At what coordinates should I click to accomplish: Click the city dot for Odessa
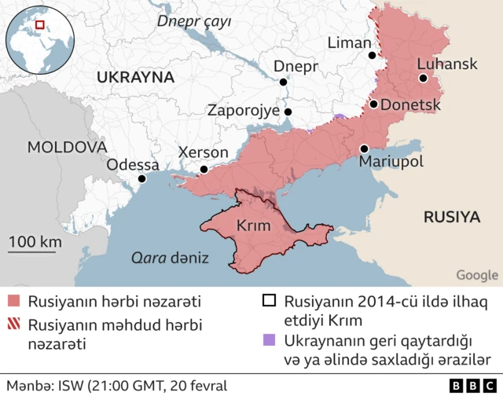point(141,179)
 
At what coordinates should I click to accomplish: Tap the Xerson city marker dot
point(204,169)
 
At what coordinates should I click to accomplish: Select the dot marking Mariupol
point(365,148)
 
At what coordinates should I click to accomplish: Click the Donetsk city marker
point(374,104)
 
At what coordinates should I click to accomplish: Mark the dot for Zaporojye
point(288,112)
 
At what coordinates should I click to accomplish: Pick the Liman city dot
point(374,56)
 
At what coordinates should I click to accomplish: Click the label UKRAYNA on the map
point(135,77)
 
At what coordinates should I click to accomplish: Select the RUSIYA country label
point(451,217)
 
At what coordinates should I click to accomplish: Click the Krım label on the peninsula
point(253,226)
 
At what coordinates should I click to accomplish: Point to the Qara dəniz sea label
point(170,257)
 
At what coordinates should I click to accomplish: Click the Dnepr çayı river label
point(194,22)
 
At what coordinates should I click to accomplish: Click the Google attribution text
point(477,275)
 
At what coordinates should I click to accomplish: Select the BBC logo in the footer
point(472,386)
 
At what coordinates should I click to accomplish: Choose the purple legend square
point(270,341)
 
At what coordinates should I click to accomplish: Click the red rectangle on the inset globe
point(40,25)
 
